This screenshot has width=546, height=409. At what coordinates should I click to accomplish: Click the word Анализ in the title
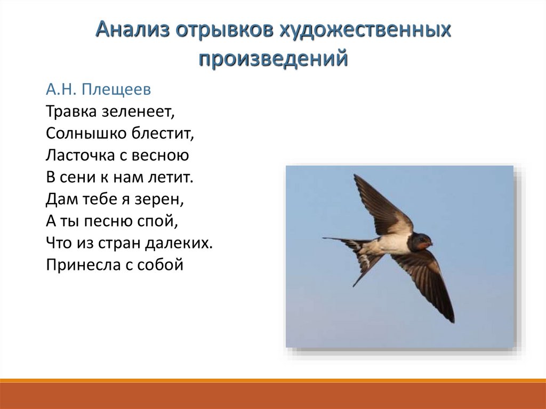click(133, 30)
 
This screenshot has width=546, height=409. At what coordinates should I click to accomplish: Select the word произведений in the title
click(274, 59)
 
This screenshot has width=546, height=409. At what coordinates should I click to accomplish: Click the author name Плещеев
click(117, 90)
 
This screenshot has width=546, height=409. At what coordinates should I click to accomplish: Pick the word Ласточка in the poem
click(80, 155)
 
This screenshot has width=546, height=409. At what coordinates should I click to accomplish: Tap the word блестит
click(157, 133)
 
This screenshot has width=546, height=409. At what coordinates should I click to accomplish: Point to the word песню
click(108, 221)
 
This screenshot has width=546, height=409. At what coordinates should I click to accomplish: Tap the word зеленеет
click(138, 112)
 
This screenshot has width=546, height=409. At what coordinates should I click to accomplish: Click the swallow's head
click(422, 241)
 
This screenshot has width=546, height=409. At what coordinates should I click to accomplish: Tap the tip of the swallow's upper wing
click(355, 175)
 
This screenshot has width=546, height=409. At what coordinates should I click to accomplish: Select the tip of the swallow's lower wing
click(453, 322)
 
